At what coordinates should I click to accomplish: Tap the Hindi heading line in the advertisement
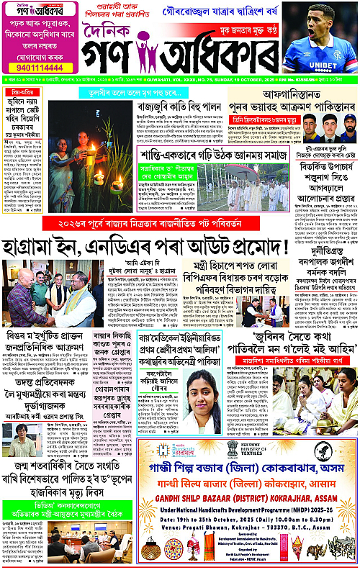246,485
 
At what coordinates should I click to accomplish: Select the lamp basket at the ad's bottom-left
153,550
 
